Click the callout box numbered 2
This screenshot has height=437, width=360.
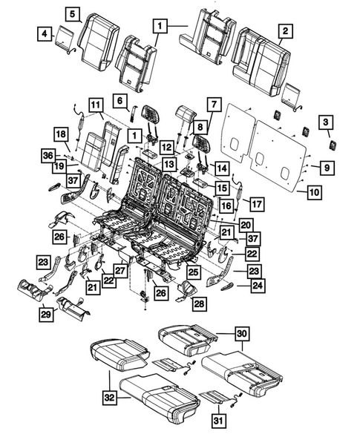(x=284, y=30)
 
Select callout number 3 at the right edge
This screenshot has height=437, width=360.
(x=325, y=122)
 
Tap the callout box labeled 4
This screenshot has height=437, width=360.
(x=45, y=33)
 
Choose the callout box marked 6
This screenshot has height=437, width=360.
(x=119, y=99)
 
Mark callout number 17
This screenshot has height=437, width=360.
(x=255, y=204)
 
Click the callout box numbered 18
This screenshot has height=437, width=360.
(x=60, y=134)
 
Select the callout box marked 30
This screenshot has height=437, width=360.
(x=239, y=334)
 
